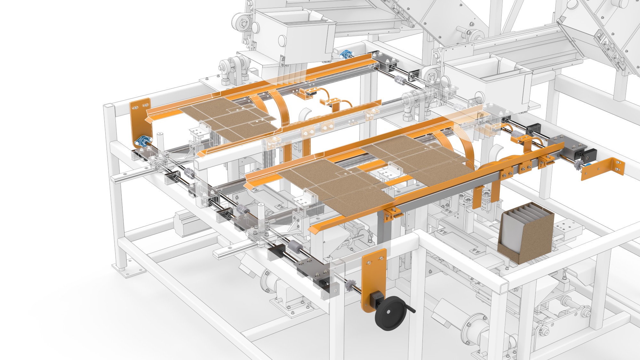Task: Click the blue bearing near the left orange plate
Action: click(x=143, y=141)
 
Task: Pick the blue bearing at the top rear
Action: click(x=346, y=54)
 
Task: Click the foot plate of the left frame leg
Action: click(x=128, y=270)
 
